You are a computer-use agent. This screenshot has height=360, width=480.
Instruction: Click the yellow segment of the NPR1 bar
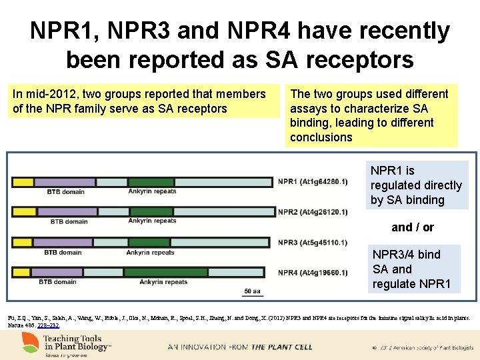[23, 182]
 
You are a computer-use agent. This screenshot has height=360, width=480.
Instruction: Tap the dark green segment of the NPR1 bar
[151, 182]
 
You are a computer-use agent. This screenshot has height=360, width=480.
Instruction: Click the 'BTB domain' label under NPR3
[63, 253]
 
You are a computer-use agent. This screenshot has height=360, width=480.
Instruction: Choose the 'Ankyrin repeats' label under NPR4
[163, 282]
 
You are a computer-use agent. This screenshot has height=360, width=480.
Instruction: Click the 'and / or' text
[413, 227]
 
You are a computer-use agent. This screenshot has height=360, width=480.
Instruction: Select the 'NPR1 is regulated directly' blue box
[416, 185]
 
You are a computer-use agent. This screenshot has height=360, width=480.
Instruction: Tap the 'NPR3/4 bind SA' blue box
[411, 269]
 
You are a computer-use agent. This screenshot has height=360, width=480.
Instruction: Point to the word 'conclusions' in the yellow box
[321, 137]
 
